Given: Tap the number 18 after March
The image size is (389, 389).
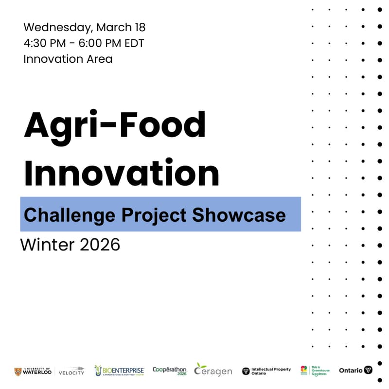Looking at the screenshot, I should [138, 27].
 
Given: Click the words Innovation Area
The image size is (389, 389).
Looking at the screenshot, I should [68, 59].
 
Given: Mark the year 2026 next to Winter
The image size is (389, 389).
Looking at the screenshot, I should [100, 245].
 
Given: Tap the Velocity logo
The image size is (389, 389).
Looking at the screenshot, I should [71, 371].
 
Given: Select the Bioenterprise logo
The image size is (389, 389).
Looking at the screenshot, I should [119, 371].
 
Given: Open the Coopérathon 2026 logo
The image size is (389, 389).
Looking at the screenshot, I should [169, 371].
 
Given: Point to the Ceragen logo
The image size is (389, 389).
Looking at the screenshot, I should [213, 370].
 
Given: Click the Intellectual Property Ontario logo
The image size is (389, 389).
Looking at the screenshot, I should [266, 371].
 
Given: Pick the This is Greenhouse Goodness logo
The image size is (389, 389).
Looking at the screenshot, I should [315, 371].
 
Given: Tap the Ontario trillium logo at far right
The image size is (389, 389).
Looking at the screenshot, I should [355, 371].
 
